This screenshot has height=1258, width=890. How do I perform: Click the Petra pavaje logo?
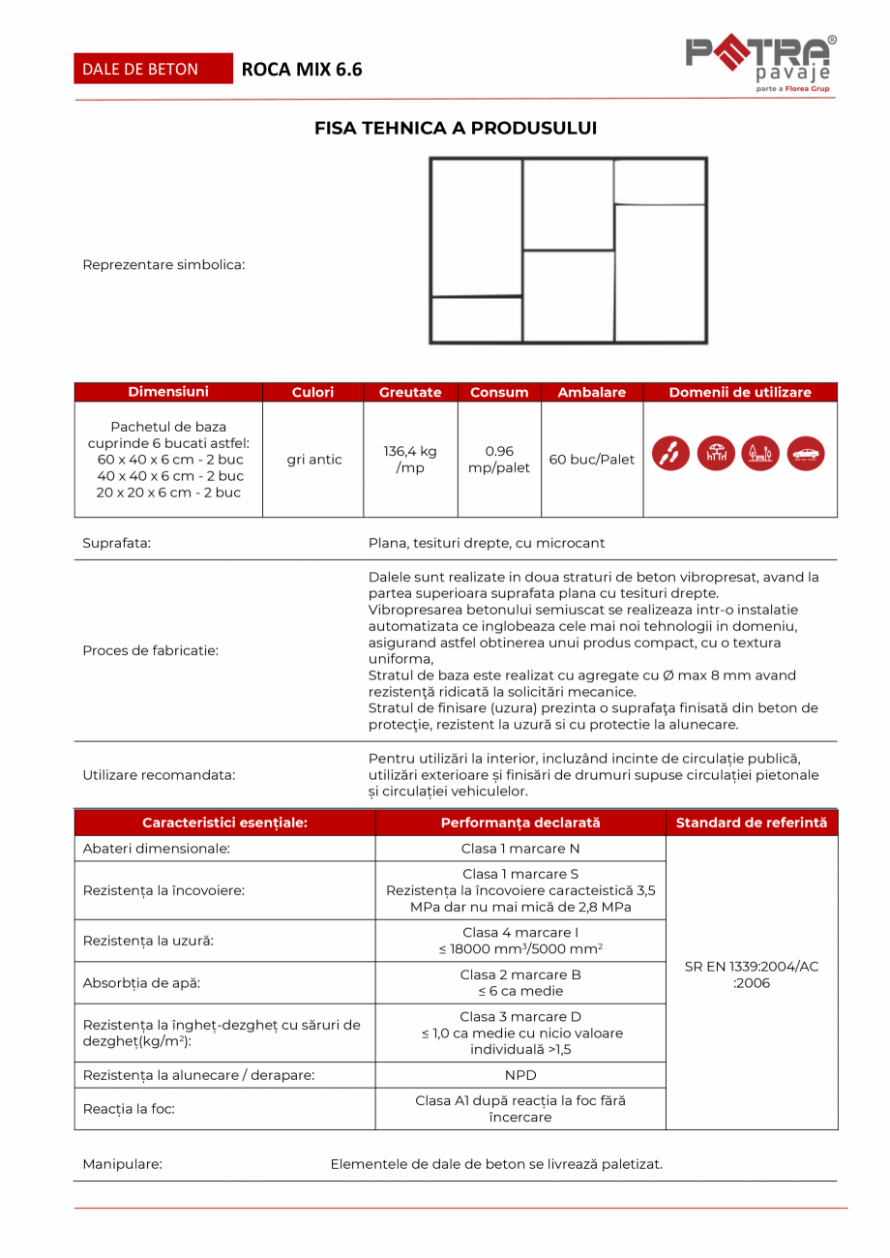coord(759,63)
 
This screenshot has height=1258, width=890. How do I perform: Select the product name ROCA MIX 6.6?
coord(301,70)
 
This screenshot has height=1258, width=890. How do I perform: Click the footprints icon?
coord(670,454)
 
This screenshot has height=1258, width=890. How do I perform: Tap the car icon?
coord(806,454)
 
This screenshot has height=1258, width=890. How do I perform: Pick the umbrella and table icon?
coord(716,454)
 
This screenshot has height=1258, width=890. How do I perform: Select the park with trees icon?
coord(760,454)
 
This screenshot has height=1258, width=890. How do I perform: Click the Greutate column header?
coord(410,392)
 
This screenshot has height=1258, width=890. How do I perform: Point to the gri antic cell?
coord(314,460)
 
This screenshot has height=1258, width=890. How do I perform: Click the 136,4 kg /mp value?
coord(410,460)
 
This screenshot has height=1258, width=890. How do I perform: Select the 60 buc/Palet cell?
coord(592,460)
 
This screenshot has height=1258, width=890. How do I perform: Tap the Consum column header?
coord(499,392)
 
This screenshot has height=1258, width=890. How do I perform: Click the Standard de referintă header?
coord(752,823)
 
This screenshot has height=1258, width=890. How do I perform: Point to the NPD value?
coord(520,1075)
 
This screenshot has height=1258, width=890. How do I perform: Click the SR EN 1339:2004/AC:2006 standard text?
coord(752,974)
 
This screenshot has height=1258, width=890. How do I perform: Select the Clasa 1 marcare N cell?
coord(520,849)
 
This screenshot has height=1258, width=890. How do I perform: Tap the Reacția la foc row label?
coord(129,1109)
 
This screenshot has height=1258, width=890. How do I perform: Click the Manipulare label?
coord(122,1164)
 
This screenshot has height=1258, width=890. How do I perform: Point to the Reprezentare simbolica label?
coord(163,264)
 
